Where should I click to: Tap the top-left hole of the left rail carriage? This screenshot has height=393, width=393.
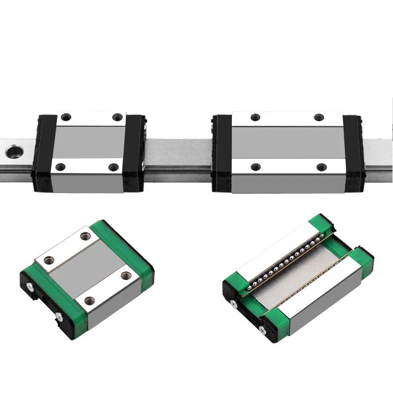click(67, 117)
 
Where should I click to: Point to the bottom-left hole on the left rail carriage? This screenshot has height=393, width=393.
click(61, 167)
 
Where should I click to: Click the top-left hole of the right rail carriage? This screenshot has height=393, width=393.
click(254, 117)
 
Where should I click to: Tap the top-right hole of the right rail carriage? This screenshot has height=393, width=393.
click(319, 117)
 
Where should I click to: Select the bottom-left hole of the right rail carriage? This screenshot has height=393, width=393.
click(254, 167)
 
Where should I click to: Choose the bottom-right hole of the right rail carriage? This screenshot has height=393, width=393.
click(322, 167)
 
